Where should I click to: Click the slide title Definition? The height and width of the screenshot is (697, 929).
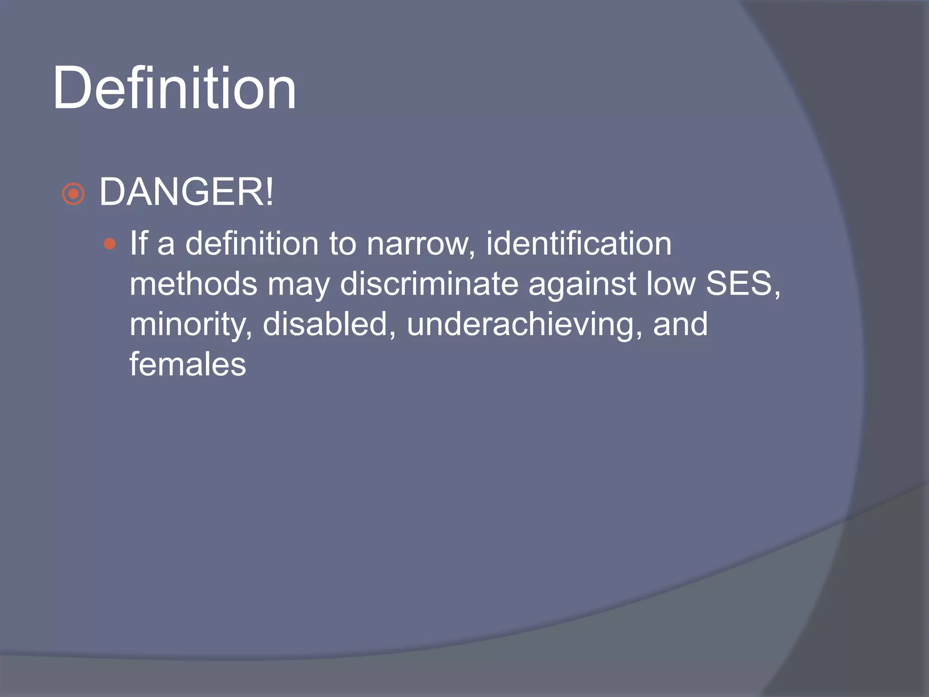pyautogui.click(x=175, y=88)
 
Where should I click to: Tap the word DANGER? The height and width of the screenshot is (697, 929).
pyautogui.click(x=186, y=192)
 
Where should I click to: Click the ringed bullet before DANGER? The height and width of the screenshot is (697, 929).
pyautogui.click(x=73, y=194)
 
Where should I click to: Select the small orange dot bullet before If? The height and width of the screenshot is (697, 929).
pyautogui.click(x=109, y=245)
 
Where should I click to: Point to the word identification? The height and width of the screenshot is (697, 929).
pyautogui.click(x=578, y=244)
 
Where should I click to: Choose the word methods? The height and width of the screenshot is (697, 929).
pyautogui.click(x=193, y=284)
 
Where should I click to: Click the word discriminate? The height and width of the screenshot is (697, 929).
pyautogui.click(x=429, y=284)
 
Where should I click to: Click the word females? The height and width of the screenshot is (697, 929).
pyautogui.click(x=188, y=364)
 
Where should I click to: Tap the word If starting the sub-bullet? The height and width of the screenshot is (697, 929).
pyautogui.click(x=139, y=244)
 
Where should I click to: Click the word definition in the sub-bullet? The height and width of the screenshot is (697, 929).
pyautogui.click(x=252, y=244)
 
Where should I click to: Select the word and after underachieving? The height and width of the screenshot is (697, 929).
pyautogui.click(x=680, y=324)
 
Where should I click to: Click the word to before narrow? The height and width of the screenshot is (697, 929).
pyautogui.click(x=342, y=244)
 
